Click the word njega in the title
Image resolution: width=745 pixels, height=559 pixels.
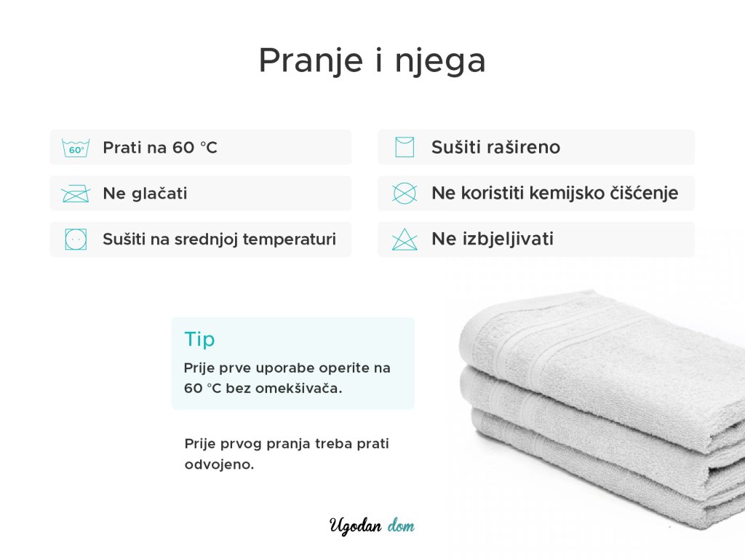click(x=440, y=62)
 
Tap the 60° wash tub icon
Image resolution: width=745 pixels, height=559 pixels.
click(x=76, y=148)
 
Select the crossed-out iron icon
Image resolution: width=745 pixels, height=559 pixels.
click(x=76, y=194)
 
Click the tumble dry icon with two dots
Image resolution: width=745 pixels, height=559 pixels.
click(x=76, y=239)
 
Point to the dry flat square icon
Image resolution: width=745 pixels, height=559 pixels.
click(x=405, y=147)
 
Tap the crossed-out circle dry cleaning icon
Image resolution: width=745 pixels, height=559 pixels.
click(x=405, y=194)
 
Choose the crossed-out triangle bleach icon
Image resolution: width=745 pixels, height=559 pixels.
click(x=405, y=239)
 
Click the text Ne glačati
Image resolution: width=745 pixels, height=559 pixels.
click(x=145, y=194)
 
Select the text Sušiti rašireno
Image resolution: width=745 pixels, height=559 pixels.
click(x=495, y=147)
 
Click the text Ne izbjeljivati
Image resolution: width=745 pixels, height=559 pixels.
click(x=493, y=239)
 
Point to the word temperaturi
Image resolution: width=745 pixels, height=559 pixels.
click(x=290, y=239)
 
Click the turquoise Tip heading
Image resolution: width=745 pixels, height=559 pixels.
click(x=199, y=340)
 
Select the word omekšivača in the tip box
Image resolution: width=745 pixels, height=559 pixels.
click(x=295, y=389)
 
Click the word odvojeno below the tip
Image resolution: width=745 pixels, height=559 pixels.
click(x=219, y=464)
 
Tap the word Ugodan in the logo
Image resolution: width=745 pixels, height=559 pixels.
click(x=355, y=526)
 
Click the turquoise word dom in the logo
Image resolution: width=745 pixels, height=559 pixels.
click(x=401, y=526)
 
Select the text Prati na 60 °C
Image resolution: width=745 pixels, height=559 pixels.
click(x=160, y=147)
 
